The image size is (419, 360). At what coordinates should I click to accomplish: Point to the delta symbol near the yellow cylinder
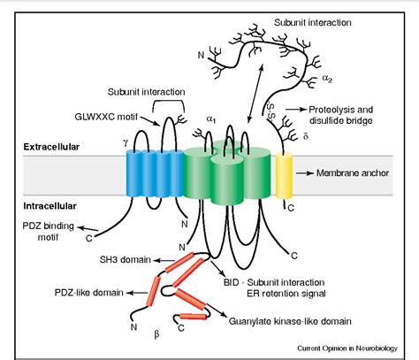point(306,138)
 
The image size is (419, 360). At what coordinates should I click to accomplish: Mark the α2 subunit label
point(327,78)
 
